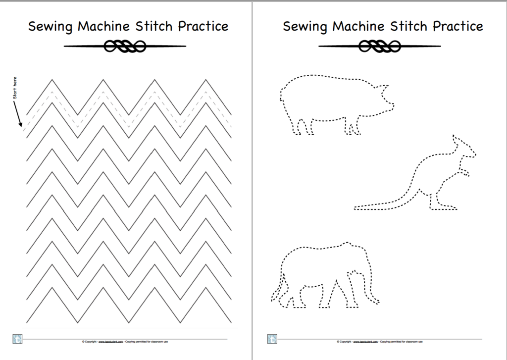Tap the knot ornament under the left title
125,47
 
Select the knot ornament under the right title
380,47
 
